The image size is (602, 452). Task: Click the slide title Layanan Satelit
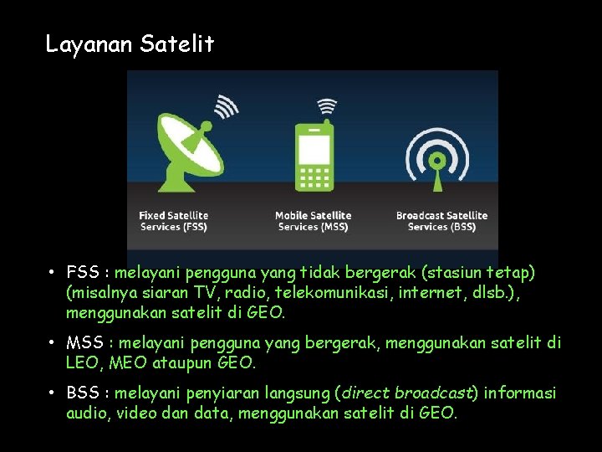pos(130,44)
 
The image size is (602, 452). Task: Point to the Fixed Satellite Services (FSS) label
pos(174,221)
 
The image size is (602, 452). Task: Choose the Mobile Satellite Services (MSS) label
pos(314,221)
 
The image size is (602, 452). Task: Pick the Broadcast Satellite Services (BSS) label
pos(441,221)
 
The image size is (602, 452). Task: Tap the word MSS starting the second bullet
pos(85,343)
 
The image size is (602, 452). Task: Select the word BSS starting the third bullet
pos(84,393)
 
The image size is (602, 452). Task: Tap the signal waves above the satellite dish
pos(225,107)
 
